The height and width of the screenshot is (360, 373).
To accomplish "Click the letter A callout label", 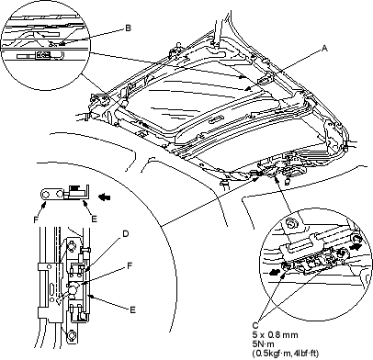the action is (x=324, y=48).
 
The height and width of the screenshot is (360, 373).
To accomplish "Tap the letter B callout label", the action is (x=129, y=28).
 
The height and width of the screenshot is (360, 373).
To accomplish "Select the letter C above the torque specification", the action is (x=255, y=325).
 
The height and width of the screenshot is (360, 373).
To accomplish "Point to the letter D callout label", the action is (x=126, y=234).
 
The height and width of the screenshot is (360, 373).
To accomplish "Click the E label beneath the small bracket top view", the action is (x=95, y=219).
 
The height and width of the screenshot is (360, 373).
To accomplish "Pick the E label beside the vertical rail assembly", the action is (x=132, y=310).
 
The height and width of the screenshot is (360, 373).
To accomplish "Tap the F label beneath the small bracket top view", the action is (x=36, y=219).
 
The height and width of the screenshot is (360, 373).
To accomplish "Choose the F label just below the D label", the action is (x=130, y=265).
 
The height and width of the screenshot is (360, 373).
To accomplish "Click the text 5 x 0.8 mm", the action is (x=275, y=334).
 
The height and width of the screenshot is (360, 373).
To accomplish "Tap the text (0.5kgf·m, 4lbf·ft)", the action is (x=286, y=354).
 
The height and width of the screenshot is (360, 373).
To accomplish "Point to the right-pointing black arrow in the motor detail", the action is (x=356, y=246).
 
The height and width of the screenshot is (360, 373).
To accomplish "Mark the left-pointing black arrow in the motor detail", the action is (x=276, y=272).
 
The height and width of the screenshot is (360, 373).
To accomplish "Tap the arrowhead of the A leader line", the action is (x=247, y=90).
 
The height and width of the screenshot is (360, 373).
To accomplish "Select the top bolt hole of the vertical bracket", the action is (x=72, y=245).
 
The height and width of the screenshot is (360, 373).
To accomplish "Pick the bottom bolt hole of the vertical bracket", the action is (x=71, y=334).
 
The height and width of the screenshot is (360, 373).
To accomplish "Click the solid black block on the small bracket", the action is (x=73, y=187).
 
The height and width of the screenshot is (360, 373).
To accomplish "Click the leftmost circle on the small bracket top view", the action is (x=46, y=195).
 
